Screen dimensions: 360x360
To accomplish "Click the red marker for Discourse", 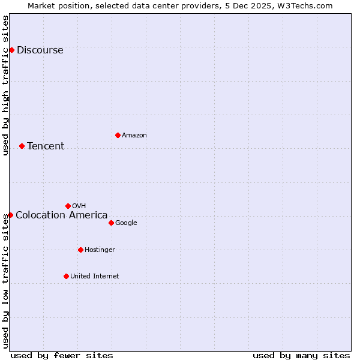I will point(11,50).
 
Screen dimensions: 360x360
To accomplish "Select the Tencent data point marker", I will point(22,146).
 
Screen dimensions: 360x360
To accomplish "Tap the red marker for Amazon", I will point(118,135).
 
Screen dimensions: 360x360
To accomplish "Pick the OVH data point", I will point(68,206).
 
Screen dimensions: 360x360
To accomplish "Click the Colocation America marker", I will point(10,215).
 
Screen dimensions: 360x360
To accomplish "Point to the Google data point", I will point(111,223).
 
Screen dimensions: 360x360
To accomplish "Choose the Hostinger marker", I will point(80,250).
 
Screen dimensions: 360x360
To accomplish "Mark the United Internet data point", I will point(66,276).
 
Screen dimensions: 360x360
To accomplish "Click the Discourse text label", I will point(40,50).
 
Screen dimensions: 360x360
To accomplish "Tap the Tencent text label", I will point(46,146).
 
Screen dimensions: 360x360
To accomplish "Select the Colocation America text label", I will point(61,215).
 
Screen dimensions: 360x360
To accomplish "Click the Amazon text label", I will point(134,135).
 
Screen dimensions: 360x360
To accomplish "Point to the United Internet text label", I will point(94,276).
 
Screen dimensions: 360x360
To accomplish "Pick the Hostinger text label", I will point(100,250).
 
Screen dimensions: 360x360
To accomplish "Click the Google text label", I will point(126,223).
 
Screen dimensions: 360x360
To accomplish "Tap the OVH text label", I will point(79,206).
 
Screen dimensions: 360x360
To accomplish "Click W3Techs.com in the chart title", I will point(304,5).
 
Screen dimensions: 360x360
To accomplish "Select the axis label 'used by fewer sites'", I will point(62,355).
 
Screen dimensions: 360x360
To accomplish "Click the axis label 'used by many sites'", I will point(301,355).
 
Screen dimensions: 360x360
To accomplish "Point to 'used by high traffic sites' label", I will point(5,85).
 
